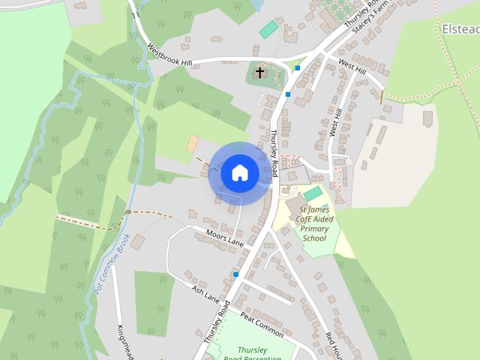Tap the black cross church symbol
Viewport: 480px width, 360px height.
260,73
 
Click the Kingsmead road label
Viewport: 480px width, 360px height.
124,341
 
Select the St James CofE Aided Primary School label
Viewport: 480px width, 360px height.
313,223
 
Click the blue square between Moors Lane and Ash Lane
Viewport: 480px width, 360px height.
235,274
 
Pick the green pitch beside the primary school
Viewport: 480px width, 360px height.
313,194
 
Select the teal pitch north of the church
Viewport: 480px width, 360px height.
268,29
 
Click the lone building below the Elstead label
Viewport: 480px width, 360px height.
428,118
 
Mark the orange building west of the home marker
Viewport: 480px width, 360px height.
193,142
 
